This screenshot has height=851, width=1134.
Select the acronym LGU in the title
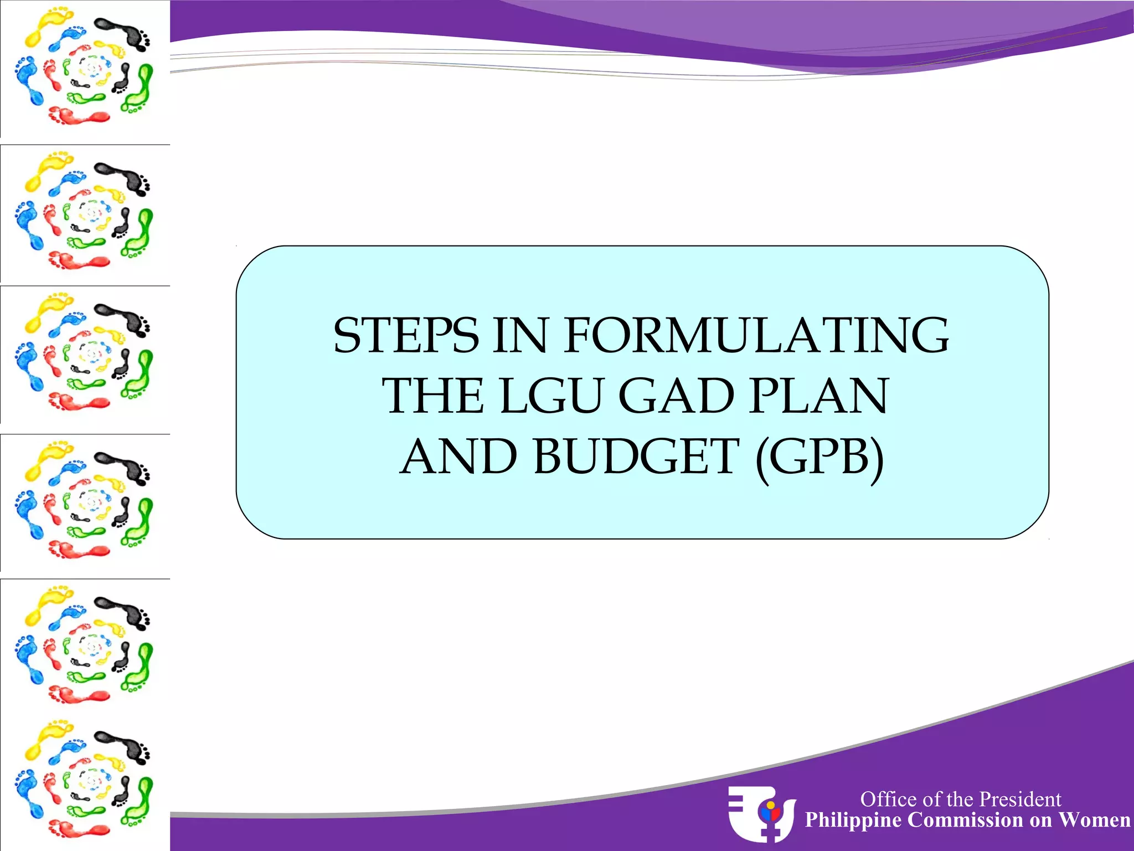[x=550, y=396]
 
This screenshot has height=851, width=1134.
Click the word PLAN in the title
[x=819, y=396]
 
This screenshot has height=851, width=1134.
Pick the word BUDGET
[x=636, y=457]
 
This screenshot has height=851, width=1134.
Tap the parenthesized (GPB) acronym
[x=819, y=458]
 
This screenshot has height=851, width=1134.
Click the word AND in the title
[x=458, y=457]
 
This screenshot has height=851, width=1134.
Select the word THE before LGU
[x=433, y=396]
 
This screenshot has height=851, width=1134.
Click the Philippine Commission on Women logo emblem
[x=761, y=813]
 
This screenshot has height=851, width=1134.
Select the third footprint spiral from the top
[x=84, y=355]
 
